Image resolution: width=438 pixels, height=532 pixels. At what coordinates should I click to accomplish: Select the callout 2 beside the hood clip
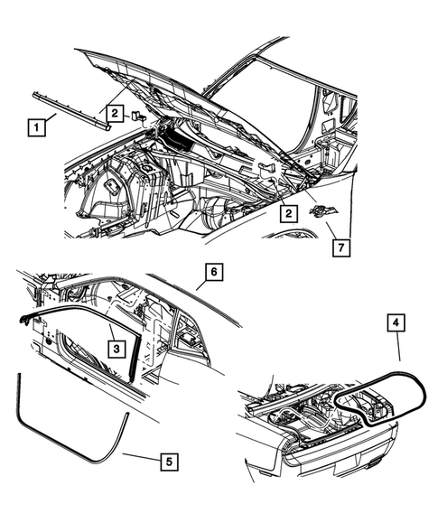(x=116, y=113)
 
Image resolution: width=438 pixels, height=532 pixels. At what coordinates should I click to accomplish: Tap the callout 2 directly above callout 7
(x=288, y=214)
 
